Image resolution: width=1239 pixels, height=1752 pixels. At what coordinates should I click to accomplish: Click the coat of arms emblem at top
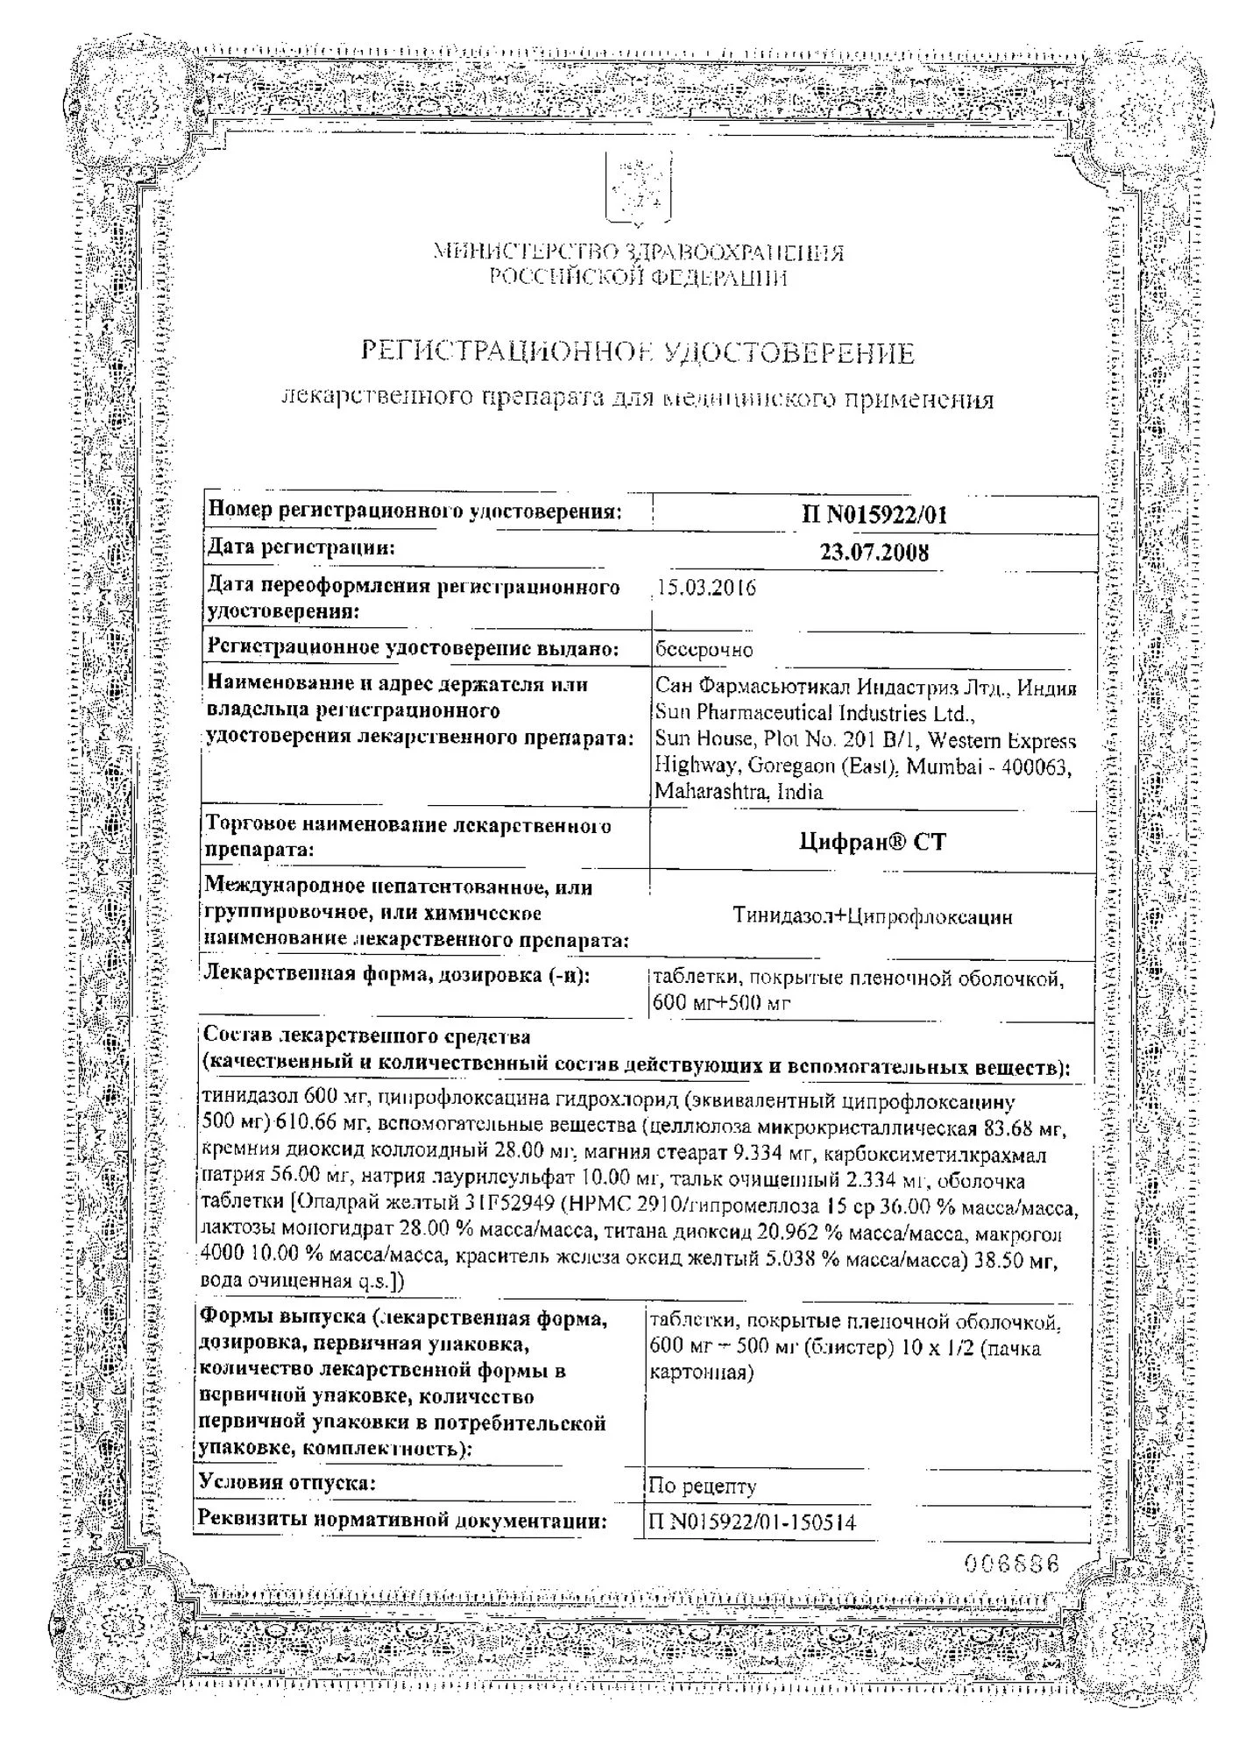tap(639, 190)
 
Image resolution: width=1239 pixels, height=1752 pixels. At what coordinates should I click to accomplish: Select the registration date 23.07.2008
tap(874, 553)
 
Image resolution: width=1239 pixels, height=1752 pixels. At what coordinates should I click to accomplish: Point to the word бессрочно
tap(704, 650)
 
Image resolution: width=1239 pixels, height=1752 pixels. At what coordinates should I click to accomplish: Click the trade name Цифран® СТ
tap(873, 842)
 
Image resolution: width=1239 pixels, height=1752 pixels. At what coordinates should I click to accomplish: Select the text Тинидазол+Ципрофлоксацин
tap(873, 917)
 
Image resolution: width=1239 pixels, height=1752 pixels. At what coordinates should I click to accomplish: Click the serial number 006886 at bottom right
tap(1012, 1564)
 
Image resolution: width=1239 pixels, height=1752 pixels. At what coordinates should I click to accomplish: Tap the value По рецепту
tap(702, 1486)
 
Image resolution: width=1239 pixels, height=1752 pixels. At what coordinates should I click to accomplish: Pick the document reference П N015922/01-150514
tap(752, 1522)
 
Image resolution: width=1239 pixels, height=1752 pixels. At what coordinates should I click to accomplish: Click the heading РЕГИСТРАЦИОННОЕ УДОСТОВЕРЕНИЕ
tap(638, 353)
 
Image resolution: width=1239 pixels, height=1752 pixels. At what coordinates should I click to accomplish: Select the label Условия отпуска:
tap(288, 1482)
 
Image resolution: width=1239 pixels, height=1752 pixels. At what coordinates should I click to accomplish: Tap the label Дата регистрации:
tap(301, 548)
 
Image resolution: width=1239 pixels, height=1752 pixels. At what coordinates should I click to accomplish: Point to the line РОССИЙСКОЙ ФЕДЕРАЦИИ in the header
tap(638, 279)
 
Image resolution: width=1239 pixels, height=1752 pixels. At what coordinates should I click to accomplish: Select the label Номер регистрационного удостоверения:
tap(414, 512)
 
